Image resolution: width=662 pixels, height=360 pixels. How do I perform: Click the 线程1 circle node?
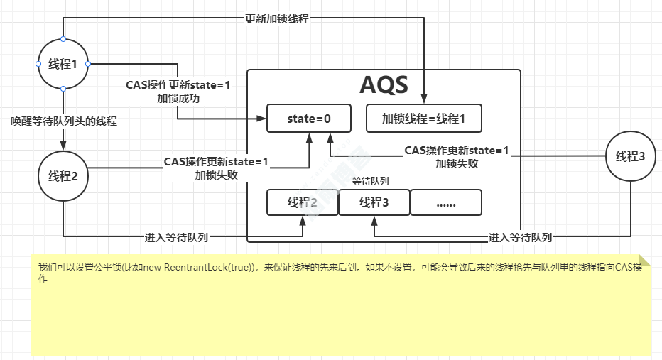63,64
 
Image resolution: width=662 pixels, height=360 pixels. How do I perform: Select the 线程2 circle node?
63,175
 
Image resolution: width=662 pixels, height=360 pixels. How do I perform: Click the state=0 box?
309,119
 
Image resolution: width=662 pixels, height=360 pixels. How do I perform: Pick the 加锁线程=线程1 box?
423,119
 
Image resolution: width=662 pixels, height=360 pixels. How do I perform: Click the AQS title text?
384,85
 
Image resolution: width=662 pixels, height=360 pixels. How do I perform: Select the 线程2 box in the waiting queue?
303,202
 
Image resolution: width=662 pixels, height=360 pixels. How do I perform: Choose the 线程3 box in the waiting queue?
374,202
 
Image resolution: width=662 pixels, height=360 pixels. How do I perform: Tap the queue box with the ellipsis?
446,202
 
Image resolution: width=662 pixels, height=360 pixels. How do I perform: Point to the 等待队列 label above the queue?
370,181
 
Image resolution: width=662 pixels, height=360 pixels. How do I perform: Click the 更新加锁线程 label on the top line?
277,19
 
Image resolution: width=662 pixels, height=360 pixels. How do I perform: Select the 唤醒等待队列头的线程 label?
64,121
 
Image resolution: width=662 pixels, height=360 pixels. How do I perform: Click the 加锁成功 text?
178,99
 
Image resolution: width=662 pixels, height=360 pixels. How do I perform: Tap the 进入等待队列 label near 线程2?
176,237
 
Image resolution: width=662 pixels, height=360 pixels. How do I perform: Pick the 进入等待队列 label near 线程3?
521,237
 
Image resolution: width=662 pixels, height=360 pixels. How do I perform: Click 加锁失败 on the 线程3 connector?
457,163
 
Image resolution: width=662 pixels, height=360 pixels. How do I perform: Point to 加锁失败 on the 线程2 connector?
216,174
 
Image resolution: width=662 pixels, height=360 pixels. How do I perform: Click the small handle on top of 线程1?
63,38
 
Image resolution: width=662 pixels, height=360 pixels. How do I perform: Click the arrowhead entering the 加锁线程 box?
424,100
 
